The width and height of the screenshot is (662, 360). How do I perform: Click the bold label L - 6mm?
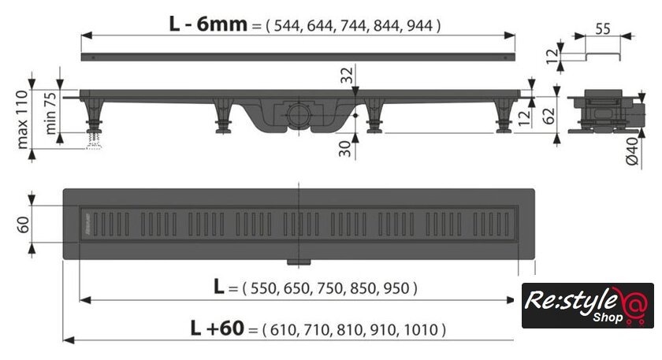(x=208, y=24)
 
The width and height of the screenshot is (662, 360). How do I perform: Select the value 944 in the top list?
(x=419, y=26)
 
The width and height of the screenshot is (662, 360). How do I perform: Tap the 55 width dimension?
(x=602, y=28)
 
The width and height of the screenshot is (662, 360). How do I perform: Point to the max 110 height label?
(x=22, y=119)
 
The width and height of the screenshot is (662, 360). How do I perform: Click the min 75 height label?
(x=50, y=113)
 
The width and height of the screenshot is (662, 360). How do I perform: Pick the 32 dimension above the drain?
(x=347, y=76)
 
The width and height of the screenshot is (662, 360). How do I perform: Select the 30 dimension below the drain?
(x=345, y=149)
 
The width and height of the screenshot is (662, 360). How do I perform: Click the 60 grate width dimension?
(x=23, y=225)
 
